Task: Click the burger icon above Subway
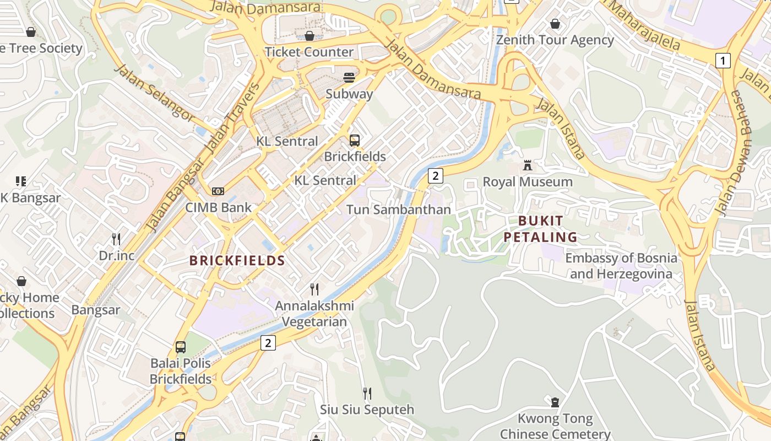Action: point(349,78)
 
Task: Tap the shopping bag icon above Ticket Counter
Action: point(310,36)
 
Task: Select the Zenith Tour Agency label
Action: point(555,40)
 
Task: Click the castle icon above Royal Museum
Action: point(528,165)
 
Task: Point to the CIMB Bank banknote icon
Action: point(218,191)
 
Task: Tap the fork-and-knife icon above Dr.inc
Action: point(116,239)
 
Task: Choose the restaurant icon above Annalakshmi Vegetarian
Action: point(314,289)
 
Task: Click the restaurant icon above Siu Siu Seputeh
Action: point(367,393)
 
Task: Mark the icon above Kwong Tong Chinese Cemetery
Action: point(555,402)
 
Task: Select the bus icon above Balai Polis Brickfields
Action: point(181,347)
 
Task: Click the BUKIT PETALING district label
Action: point(548,229)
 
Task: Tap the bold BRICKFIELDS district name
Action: point(237,261)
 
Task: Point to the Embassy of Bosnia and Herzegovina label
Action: point(621,266)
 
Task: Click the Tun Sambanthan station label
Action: point(398,209)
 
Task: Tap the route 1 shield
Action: point(723,60)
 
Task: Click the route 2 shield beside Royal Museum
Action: point(435,176)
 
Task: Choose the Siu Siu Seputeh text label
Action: point(367,410)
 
